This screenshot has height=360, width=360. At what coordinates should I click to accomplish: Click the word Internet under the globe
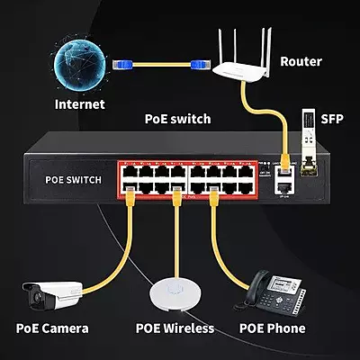pos(79,104)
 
